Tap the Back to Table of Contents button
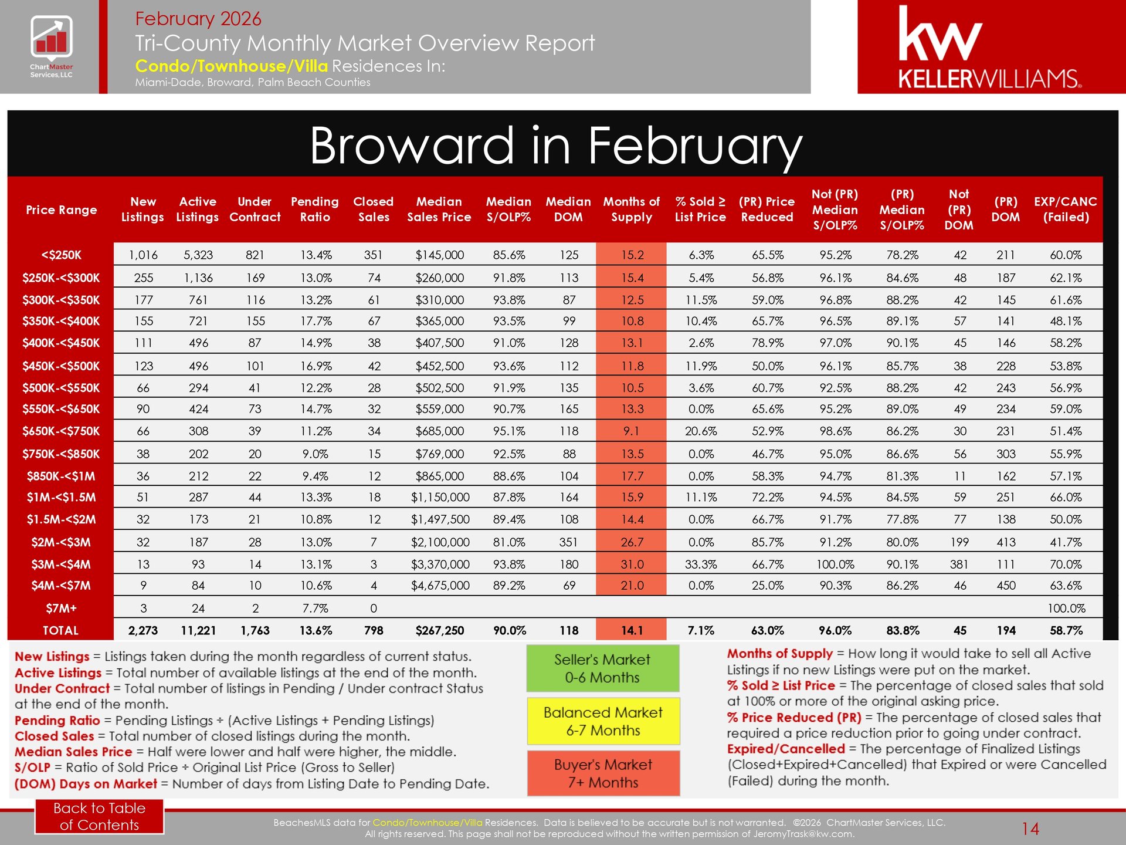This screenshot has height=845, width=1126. (99, 816)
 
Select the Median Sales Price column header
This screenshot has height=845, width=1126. (439, 209)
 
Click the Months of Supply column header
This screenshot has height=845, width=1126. (631, 209)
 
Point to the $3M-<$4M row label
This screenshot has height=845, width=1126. (61, 565)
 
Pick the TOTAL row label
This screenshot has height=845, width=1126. (60, 630)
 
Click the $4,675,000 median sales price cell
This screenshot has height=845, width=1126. (440, 586)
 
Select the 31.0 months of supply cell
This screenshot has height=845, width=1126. (632, 565)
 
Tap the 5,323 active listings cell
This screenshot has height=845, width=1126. (198, 255)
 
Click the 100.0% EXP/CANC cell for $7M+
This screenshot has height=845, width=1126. (1066, 609)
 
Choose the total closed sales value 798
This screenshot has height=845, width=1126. (374, 630)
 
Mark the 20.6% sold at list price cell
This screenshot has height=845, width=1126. (701, 431)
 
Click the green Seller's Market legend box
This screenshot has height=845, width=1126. (602, 668)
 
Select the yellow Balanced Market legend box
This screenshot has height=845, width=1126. (602, 721)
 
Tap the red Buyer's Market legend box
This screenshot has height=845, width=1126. (602, 773)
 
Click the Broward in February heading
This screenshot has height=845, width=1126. (555, 146)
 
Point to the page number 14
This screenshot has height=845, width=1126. (1030, 829)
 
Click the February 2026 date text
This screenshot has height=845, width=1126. (198, 19)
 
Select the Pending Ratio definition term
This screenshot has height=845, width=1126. (57, 720)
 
